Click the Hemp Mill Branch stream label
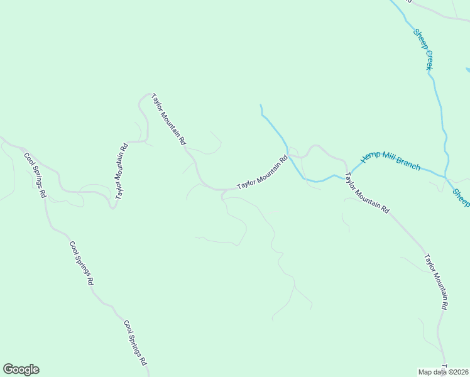click(390, 161)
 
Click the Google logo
click(21, 369)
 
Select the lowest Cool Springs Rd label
click(135, 343)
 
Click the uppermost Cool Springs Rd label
click(35, 175)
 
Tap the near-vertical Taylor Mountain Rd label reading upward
click(121, 171)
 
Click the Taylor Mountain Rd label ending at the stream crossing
click(262, 173)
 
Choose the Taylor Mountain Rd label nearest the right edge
click(435, 281)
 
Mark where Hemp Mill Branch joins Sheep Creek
click(445, 177)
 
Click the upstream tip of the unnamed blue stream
click(261, 105)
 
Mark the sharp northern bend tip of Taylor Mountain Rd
click(150, 94)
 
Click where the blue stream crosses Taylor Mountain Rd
click(290, 155)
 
